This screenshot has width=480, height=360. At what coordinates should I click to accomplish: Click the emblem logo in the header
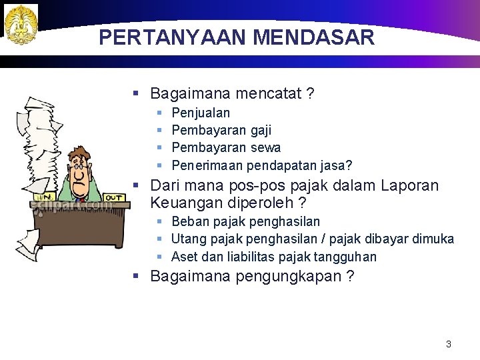tap(21, 24)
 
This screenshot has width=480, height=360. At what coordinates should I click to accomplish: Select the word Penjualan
tap(201, 113)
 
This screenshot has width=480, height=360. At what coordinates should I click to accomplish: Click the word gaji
tap(259, 131)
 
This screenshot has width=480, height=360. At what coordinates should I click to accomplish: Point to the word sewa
tap(265, 147)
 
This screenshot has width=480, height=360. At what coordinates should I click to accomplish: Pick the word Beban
tap(189, 221)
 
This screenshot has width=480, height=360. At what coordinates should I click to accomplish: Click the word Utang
tap(189, 239)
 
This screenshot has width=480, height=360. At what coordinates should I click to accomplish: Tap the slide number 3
tap(448, 344)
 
